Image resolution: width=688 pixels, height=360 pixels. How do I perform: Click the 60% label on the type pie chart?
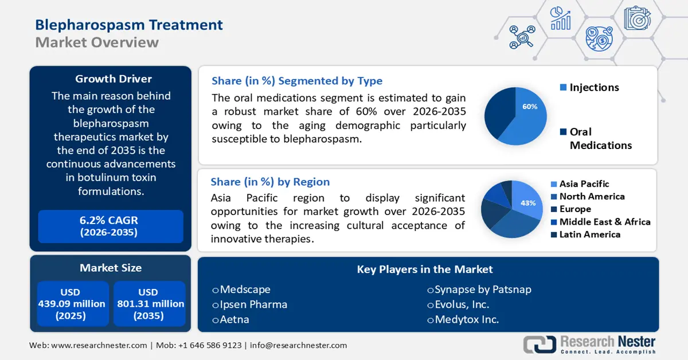pos(529,107)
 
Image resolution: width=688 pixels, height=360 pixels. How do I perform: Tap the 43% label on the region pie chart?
pos(527,203)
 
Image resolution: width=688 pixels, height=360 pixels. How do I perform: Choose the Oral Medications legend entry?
pos(596,139)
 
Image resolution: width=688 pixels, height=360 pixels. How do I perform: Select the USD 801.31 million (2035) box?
pos(149,304)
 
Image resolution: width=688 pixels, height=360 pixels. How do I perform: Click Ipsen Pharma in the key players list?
pos(253,304)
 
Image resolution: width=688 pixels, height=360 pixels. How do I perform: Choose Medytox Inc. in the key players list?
pos(466,319)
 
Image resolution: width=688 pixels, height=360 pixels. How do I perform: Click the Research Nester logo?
pos(589,344)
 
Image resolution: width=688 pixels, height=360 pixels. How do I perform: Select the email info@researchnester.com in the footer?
pos(298,345)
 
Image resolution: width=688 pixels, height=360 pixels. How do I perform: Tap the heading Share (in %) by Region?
pos(270,182)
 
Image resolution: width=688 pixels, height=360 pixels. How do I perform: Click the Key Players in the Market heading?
pos(425,269)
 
